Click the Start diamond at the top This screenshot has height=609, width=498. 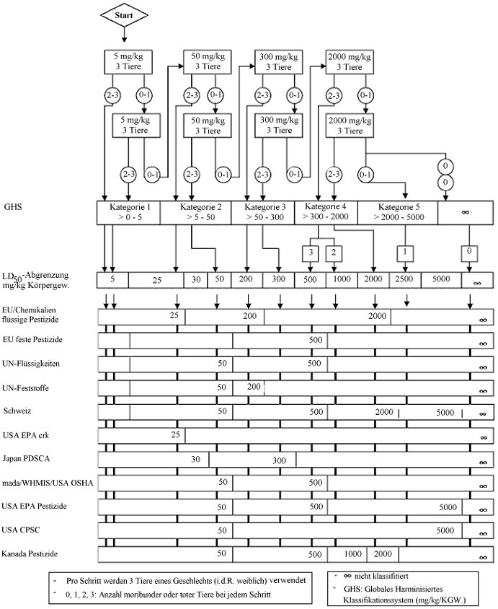click(125, 15)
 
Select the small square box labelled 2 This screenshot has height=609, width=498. click(334, 253)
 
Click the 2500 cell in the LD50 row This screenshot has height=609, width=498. click(403, 279)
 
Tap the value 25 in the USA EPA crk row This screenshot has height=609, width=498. click(174, 435)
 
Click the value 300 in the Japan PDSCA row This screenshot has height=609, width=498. click(280, 460)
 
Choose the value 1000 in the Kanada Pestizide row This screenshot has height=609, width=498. click(352, 554)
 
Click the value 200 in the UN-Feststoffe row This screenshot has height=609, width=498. click(254, 387)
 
